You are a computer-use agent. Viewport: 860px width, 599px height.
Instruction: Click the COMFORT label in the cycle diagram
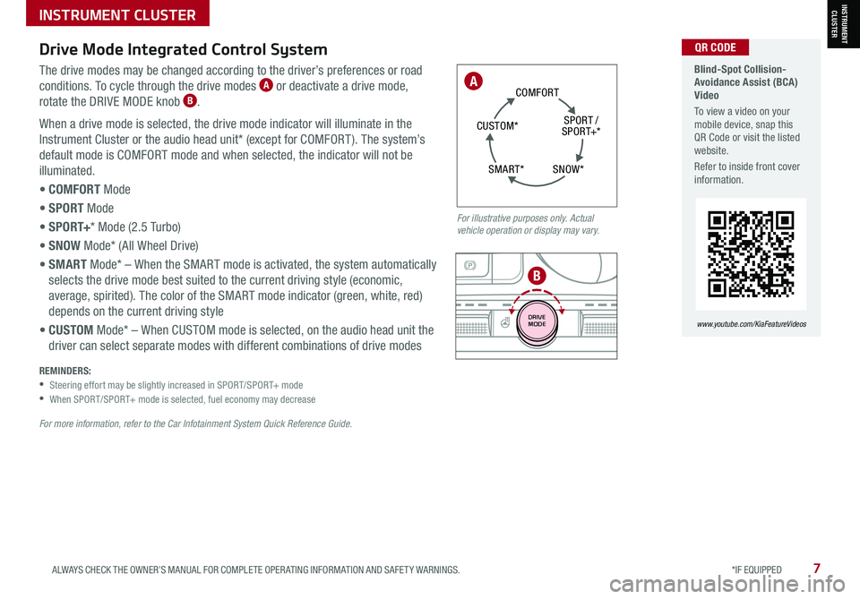(537, 92)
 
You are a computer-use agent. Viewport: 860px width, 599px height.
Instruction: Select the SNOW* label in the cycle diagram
(568, 169)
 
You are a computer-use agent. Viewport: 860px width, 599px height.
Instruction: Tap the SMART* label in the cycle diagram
(506, 169)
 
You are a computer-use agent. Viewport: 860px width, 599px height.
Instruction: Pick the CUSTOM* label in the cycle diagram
(497, 126)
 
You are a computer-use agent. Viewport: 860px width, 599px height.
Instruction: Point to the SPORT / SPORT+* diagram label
(580, 126)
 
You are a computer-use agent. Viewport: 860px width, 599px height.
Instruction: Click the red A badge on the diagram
(473, 81)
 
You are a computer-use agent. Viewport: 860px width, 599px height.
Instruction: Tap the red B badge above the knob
(537, 276)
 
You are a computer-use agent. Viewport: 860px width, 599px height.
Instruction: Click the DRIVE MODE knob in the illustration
(537, 321)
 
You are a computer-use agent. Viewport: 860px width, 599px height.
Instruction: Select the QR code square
(751, 253)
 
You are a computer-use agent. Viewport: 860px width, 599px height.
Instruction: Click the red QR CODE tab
(715, 47)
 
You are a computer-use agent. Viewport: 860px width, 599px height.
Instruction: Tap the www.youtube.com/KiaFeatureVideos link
(752, 324)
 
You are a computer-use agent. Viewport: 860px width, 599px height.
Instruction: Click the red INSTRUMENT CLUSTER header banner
(117, 13)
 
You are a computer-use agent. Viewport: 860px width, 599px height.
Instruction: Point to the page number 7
(817, 569)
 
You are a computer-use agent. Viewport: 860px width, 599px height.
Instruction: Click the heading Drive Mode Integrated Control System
(183, 49)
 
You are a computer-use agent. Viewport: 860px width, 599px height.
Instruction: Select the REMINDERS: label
(64, 371)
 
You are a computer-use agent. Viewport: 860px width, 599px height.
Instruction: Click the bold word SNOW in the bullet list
(64, 245)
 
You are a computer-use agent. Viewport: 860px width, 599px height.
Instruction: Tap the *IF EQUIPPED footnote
(756, 570)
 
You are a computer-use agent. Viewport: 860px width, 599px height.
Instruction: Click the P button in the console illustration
(470, 266)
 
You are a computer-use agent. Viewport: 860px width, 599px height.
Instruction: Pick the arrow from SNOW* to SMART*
(536, 182)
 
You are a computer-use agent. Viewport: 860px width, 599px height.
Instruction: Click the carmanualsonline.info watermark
(727, 584)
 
